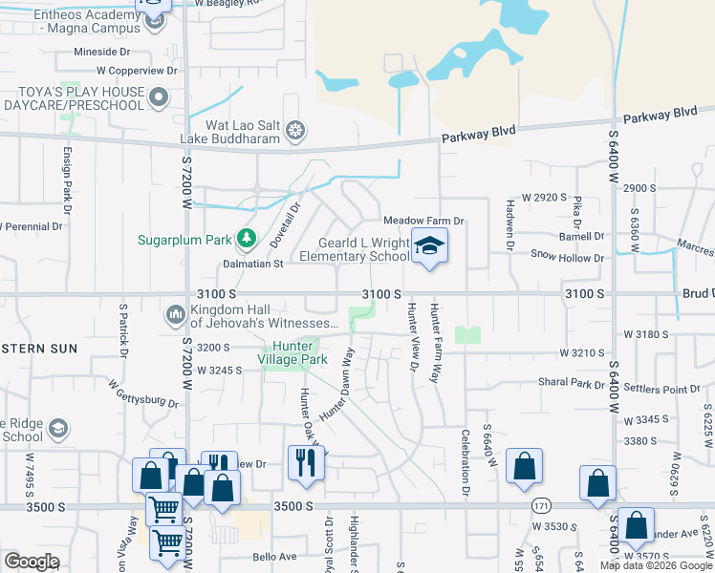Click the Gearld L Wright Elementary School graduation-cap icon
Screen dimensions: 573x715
coord(429,246)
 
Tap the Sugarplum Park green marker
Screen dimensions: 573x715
coord(248,237)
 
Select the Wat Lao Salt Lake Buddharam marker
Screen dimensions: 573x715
coord(296,130)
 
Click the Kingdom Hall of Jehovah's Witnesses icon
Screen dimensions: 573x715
coord(175,313)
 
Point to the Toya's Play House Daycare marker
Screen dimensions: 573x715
coord(160,96)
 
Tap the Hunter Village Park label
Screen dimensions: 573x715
coord(300,352)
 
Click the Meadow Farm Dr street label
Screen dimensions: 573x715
coord(423,221)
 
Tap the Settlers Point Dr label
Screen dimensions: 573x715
coord(661,389)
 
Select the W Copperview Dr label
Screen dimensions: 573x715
coord(138,71)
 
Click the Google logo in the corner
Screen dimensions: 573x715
coord(32,562)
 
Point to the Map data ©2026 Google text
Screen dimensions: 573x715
coord(656,565)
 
